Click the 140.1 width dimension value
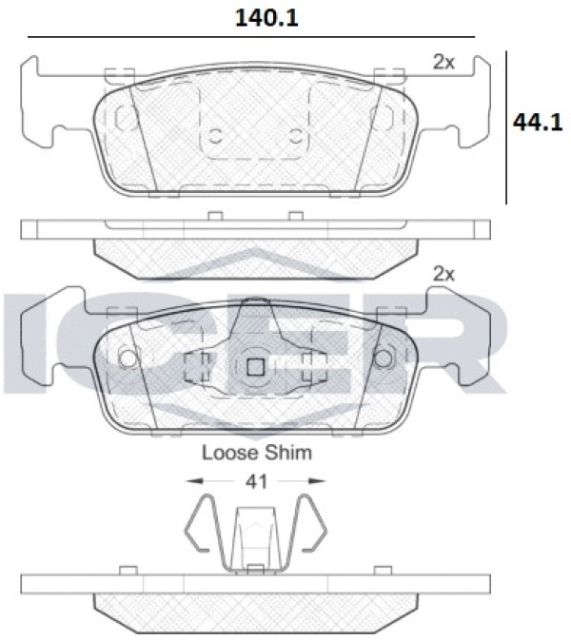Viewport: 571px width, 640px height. [266, 18]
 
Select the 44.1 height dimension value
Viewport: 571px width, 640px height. [538, 122]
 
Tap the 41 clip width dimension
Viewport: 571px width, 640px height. [256, 481]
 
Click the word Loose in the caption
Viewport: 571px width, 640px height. [230, 453]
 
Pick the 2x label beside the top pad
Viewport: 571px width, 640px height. [443, 62]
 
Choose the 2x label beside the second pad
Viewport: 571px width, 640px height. [443, 274]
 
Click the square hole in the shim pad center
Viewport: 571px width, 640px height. [256, 367]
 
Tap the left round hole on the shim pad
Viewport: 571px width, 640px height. [128, 359]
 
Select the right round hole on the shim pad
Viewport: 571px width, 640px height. [384, 359]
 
